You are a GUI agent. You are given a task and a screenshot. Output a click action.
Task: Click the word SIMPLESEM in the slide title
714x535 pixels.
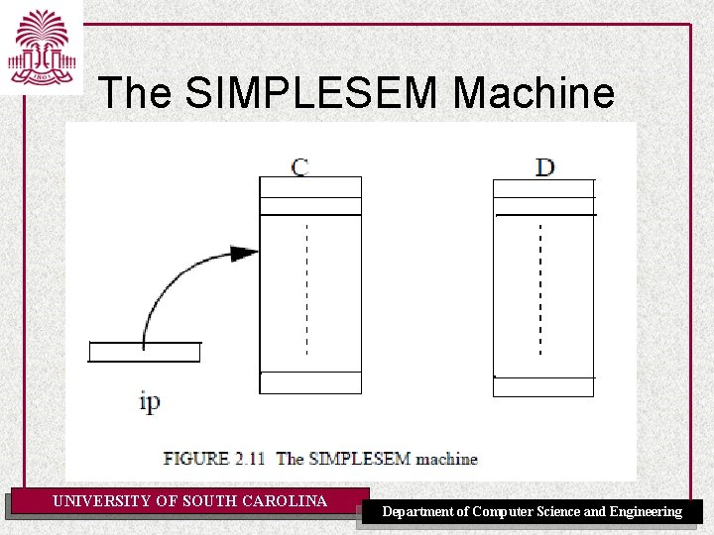[x=311, y=93]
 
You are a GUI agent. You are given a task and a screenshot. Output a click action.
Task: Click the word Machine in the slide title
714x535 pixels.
[x=534, y=93]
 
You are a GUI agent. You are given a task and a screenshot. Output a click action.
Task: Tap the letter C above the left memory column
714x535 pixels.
[x=299, y=165]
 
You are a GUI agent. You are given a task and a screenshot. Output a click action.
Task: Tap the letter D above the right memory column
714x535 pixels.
[x=544, y=166]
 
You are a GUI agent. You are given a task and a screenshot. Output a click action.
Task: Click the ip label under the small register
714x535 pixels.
[x=150, y=401]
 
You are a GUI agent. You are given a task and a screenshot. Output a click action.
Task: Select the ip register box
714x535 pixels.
[x=144, y=352]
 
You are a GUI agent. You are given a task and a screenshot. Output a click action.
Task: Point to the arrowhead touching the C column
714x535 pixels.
[x=244, y=253]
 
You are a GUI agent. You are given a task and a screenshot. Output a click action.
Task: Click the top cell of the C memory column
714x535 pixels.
[x=310, y=187]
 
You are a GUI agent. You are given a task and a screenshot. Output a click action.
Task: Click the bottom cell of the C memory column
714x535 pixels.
[x=310, y=382]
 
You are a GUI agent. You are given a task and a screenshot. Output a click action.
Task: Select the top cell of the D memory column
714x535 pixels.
[x=543, y=188]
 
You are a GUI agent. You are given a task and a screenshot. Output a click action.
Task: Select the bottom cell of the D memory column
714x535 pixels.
[x=543, y=386]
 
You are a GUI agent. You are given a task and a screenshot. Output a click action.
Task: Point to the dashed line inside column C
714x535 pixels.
[x=306, y=287]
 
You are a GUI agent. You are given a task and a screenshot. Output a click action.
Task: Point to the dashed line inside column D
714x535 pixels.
[x=539, y=287]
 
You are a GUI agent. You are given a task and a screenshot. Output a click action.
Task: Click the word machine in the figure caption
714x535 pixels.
[x=446, y=459]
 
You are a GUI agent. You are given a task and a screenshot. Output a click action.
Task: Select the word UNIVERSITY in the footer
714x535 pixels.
[x=102, y=501]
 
